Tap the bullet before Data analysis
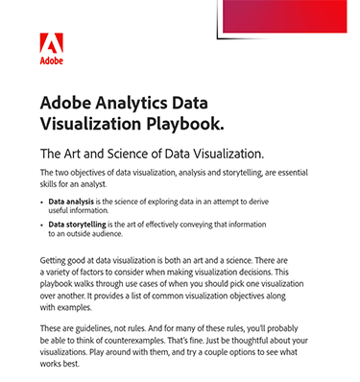tap(43, 203)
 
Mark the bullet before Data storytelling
tap(43, 224)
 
